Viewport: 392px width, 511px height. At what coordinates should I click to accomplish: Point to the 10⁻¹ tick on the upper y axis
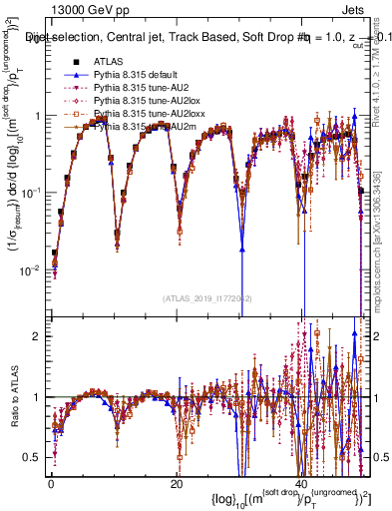click(35, 192)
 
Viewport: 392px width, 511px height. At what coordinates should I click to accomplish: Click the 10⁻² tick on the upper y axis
click(35, 269)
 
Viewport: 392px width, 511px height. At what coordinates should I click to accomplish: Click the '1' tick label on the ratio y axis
click(40, 397)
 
